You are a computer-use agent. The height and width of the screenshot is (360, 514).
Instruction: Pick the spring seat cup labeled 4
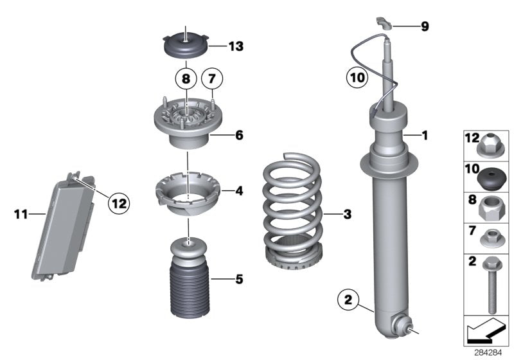pos(186,194)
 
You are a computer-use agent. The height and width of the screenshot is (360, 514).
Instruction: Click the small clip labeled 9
pos(383,24)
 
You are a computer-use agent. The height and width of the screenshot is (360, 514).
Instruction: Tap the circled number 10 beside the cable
pos(359,78)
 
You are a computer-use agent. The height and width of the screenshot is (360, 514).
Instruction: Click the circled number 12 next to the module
pos(118,203)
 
